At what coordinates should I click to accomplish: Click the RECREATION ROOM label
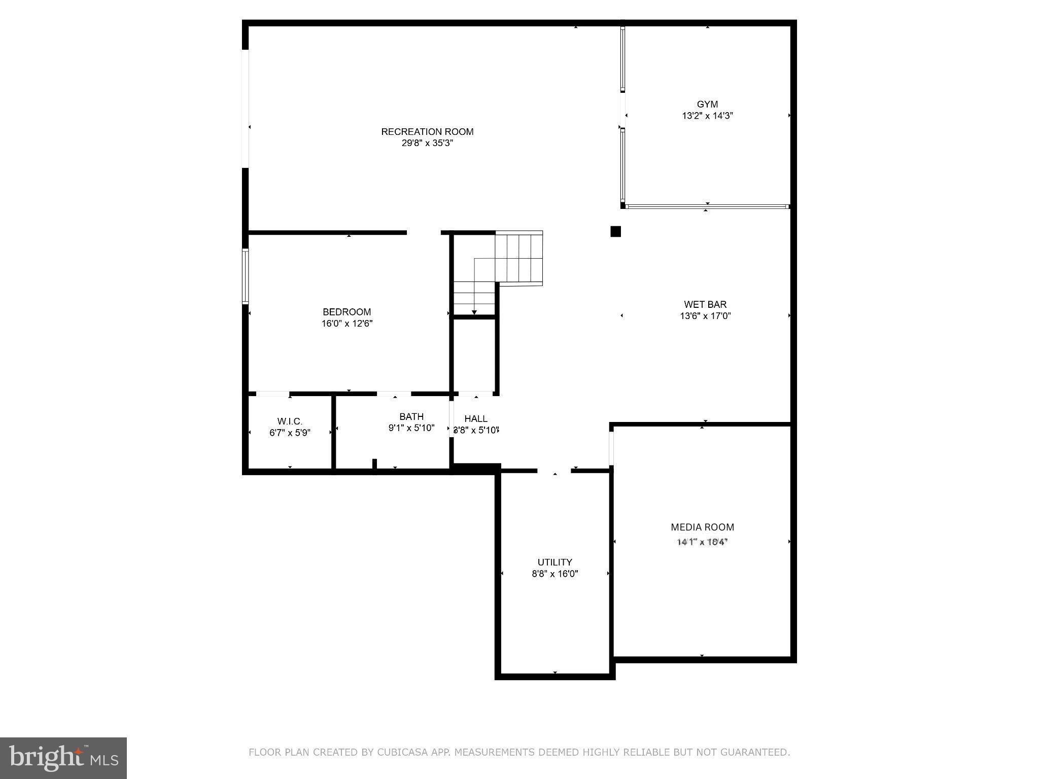[427, 132]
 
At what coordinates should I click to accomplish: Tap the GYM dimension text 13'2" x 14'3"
[707, 116]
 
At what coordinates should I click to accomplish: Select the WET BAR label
[705, 304]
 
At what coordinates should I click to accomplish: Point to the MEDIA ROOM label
[702, 527]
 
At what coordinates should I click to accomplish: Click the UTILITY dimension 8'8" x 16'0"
[555, 574]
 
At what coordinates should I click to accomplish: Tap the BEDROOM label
[347, 312]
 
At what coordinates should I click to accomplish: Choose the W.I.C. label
[290, 421]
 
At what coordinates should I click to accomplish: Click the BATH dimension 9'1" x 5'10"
[411, 428]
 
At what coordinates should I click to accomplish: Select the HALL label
[476, 418]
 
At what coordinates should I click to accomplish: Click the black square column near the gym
[615, 232]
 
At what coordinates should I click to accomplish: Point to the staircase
[517, 259]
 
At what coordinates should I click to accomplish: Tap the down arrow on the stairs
[474, 311]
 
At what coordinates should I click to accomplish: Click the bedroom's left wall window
[245, 276]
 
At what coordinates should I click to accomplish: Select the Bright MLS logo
[63, 758]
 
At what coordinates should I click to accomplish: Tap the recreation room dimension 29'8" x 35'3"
[427, 143]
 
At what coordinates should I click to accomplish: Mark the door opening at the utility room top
[554, 471]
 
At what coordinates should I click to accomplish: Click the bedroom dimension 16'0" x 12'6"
[347, 324]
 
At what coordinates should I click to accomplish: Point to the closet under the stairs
[474, 355]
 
